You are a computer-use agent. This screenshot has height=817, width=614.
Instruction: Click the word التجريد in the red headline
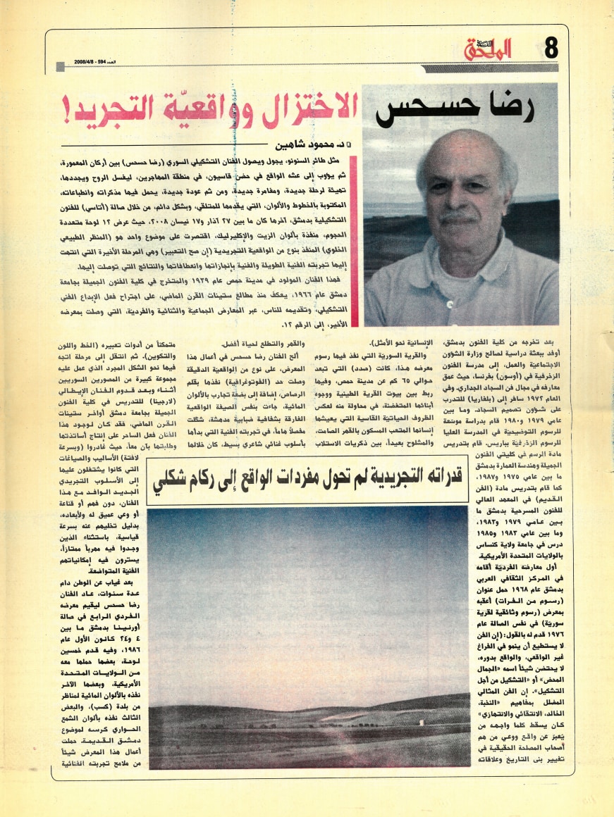tap(98, 106)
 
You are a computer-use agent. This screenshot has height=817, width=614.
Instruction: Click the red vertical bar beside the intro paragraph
tap(354, 232)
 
